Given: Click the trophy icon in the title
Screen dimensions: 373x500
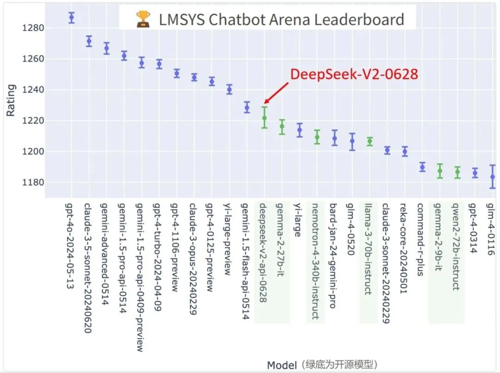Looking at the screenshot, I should point(143,19).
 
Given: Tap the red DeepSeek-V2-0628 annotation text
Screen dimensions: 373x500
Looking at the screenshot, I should point(354,75).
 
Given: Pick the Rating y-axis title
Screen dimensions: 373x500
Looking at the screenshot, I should point(11,99).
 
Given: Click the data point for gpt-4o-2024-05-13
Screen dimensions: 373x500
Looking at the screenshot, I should point(71,18).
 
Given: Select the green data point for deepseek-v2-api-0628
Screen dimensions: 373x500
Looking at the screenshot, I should point(264,118).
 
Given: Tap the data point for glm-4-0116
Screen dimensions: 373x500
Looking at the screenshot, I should point(493,177).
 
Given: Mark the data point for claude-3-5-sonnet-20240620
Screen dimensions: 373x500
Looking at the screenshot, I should point(89,41).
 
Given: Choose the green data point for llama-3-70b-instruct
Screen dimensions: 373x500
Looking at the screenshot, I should point(369,142).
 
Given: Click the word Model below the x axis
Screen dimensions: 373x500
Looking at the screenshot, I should point(281,365).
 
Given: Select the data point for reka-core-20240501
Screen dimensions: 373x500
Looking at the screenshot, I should point(405,151).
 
